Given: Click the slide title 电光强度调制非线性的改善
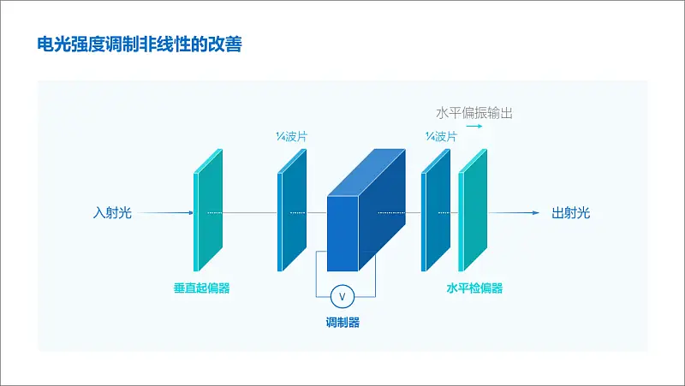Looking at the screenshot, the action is [140, 45].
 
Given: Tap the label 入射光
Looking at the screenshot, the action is [112, 212].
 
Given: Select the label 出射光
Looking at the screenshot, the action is [570, 212].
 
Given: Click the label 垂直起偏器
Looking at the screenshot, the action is [201, 288].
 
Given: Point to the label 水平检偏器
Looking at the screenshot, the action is [474, 288].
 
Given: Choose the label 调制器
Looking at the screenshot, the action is [342, 323].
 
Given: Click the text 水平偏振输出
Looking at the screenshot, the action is [474, 113].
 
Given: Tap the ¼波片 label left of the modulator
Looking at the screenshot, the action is [291, 137].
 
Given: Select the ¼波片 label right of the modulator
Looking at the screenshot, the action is [441, 137].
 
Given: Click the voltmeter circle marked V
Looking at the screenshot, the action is [342, 297].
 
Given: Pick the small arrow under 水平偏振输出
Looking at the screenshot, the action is [474, 126].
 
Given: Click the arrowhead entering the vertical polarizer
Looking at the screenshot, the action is [190, 212].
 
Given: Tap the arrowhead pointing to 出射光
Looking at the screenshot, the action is [537, 212].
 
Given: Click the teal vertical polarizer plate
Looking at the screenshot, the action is [208, 210].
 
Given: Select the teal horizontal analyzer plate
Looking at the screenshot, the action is [473, 210].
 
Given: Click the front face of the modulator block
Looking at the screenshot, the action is [342, 233].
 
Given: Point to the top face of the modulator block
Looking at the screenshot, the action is [366, 172].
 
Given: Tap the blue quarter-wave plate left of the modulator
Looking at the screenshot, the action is [292, 210].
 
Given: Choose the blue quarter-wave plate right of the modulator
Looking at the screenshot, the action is [436, 210].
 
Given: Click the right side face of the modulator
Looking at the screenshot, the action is [382, 210].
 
